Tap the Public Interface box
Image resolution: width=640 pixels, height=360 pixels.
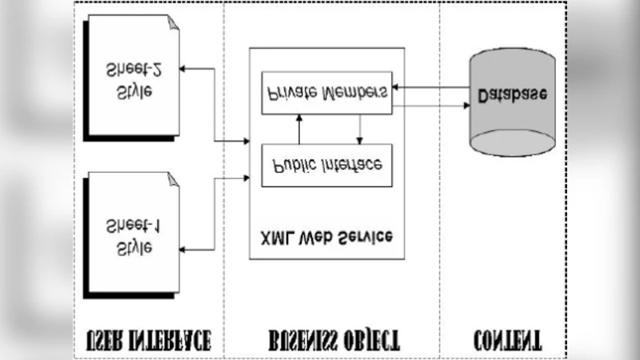point(326,165)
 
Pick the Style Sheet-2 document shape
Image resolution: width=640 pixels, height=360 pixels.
point(131,78)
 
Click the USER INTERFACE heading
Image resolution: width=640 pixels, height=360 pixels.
point(148,340)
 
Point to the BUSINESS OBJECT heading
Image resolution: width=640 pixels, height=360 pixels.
point(332,340)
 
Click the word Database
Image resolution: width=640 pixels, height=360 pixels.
point(512,95)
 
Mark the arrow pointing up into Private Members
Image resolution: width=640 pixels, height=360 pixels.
point(299,117)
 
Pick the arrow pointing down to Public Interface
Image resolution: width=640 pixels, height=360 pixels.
point(359,140)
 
